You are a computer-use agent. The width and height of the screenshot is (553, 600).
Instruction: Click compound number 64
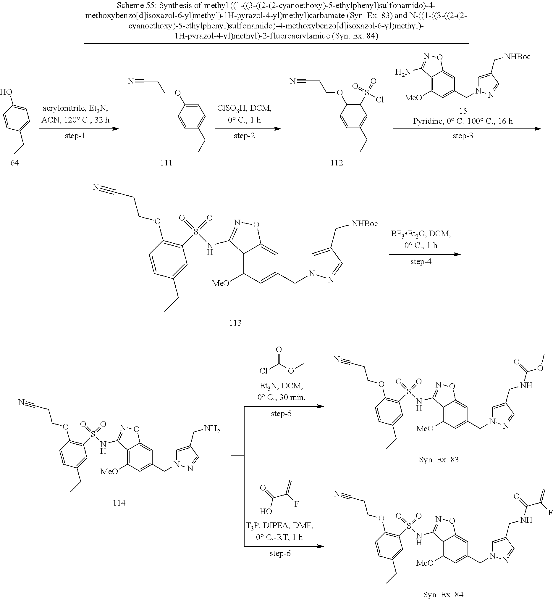coord(15,163)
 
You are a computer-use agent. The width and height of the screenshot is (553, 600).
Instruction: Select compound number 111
coord(166,163)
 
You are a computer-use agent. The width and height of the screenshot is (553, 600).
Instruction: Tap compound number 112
coord(337,163)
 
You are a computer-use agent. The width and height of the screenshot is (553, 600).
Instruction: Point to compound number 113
coord(235,323)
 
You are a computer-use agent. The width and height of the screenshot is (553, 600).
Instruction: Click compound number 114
coord(119,503)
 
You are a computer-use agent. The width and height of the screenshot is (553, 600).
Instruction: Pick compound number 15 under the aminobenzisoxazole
coord(463,111)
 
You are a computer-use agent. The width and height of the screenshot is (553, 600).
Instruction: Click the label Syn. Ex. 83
coord(439,460)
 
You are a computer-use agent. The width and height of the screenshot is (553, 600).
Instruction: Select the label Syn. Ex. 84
coord(443,595)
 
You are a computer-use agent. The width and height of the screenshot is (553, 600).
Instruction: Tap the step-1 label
coord(75,136)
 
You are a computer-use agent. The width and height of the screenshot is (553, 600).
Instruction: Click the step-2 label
coord(244,136)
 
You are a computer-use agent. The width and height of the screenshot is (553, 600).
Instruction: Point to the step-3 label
coord(463,136)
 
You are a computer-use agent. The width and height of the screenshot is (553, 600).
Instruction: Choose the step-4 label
coord(421,261)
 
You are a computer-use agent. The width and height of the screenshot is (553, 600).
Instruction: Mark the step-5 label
coord(281,414)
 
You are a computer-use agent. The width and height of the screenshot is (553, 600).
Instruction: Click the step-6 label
coord(280,553)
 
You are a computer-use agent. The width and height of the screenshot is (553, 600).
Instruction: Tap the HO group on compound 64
coord(6,92)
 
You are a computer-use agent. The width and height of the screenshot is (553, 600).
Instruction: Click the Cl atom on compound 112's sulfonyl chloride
coord(380,100)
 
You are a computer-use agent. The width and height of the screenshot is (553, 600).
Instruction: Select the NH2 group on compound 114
coord(212,429)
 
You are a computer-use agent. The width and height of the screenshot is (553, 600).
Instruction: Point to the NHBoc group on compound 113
coord(365,223)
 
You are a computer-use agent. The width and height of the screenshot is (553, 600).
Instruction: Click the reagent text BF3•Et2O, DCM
coord(421,234)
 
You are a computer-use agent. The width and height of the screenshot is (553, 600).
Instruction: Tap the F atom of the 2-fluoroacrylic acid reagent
coord(297,504)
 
